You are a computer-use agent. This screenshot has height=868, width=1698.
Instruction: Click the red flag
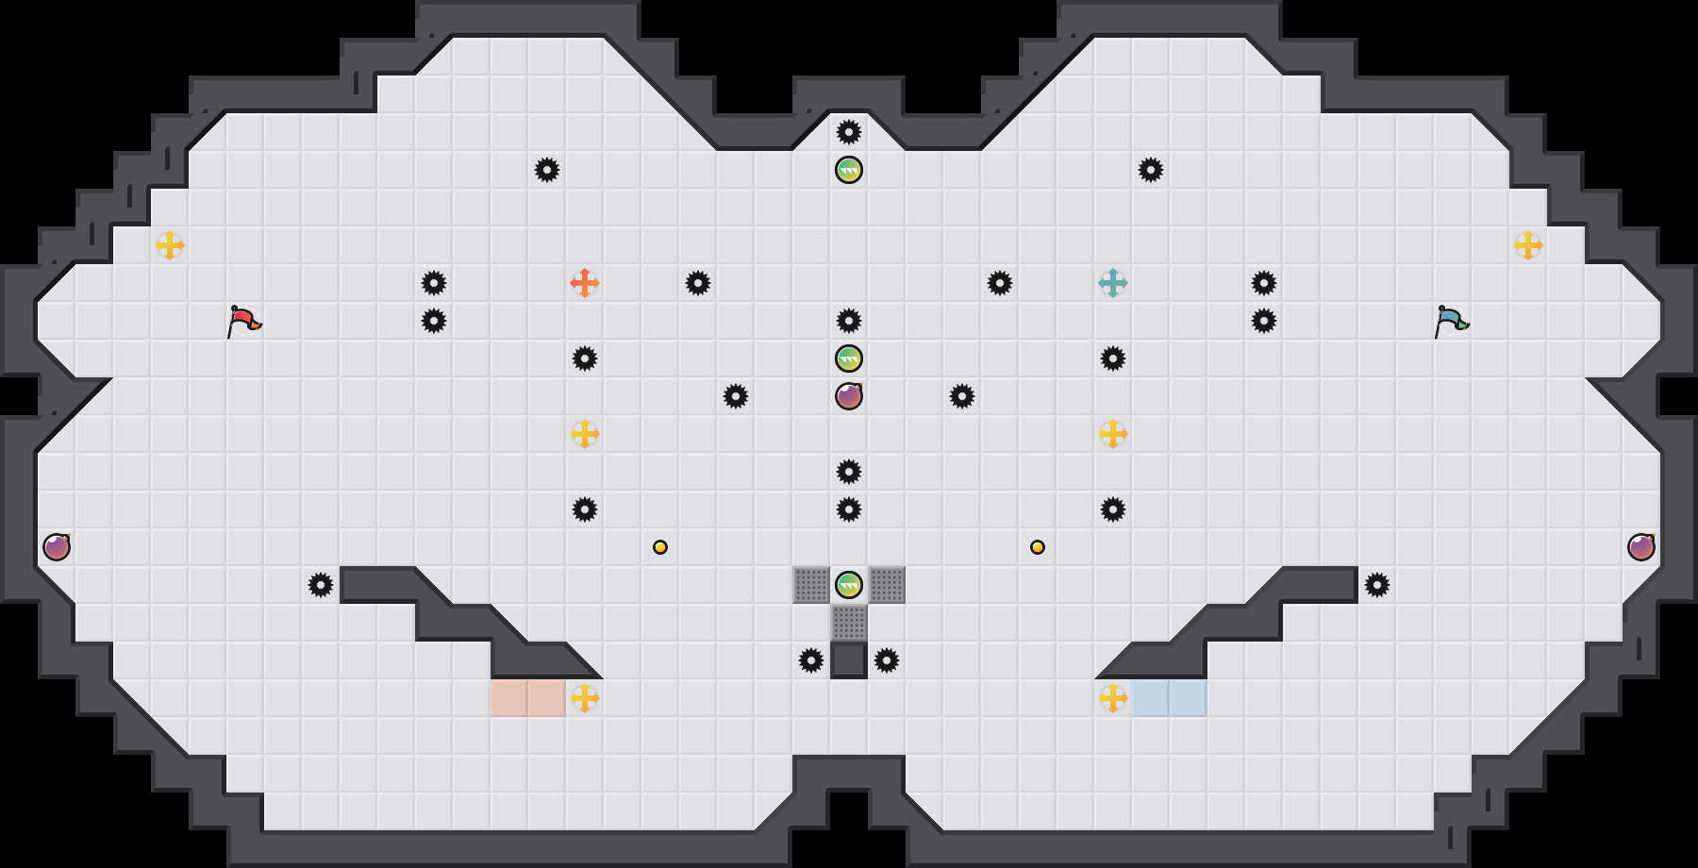242,321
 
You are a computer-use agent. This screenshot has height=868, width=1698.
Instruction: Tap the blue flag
1450,321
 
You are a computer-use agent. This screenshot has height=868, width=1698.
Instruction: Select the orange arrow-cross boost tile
585,283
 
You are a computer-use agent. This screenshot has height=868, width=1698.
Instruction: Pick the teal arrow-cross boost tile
1113,283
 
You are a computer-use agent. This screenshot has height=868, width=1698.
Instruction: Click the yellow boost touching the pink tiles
585,698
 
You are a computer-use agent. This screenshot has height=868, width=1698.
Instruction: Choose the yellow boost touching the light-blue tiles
1113,698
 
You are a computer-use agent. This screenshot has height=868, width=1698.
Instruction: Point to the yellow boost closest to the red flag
170,245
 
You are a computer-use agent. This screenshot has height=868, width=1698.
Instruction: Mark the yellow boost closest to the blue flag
1528,245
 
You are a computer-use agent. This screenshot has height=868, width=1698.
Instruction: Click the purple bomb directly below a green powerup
849,396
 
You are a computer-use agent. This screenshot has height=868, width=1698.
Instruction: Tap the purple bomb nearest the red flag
57,547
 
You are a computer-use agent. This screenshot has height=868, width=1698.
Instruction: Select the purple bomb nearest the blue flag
1641,547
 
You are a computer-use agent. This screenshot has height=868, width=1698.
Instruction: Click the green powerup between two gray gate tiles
849,585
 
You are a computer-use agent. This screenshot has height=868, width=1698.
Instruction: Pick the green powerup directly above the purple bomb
849,359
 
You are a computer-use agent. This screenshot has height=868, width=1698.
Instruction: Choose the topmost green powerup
849,170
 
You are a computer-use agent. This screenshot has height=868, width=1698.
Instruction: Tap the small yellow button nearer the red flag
660,547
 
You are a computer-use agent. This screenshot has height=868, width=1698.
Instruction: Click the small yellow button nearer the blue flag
1038,547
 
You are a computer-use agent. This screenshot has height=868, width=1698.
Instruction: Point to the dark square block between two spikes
849,660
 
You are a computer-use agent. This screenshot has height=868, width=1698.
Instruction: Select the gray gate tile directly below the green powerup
849,623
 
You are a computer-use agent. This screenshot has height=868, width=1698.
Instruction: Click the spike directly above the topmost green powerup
849,132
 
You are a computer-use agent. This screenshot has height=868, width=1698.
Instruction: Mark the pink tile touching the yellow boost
547,698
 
